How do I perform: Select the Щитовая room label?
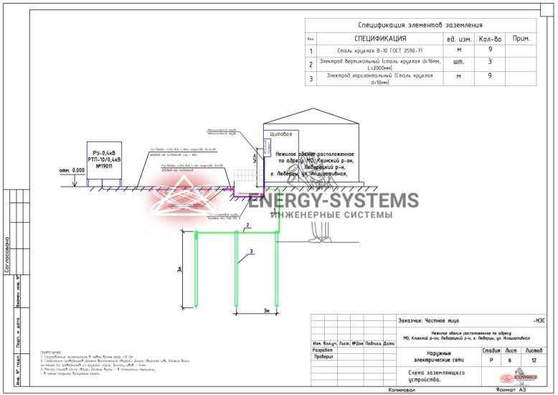[x=280, y=134]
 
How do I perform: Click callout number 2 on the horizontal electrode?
[x=246, y=226]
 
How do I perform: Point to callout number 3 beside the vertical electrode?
[x=252, y=251]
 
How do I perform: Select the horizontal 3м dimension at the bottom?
[x=265, y=310]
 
